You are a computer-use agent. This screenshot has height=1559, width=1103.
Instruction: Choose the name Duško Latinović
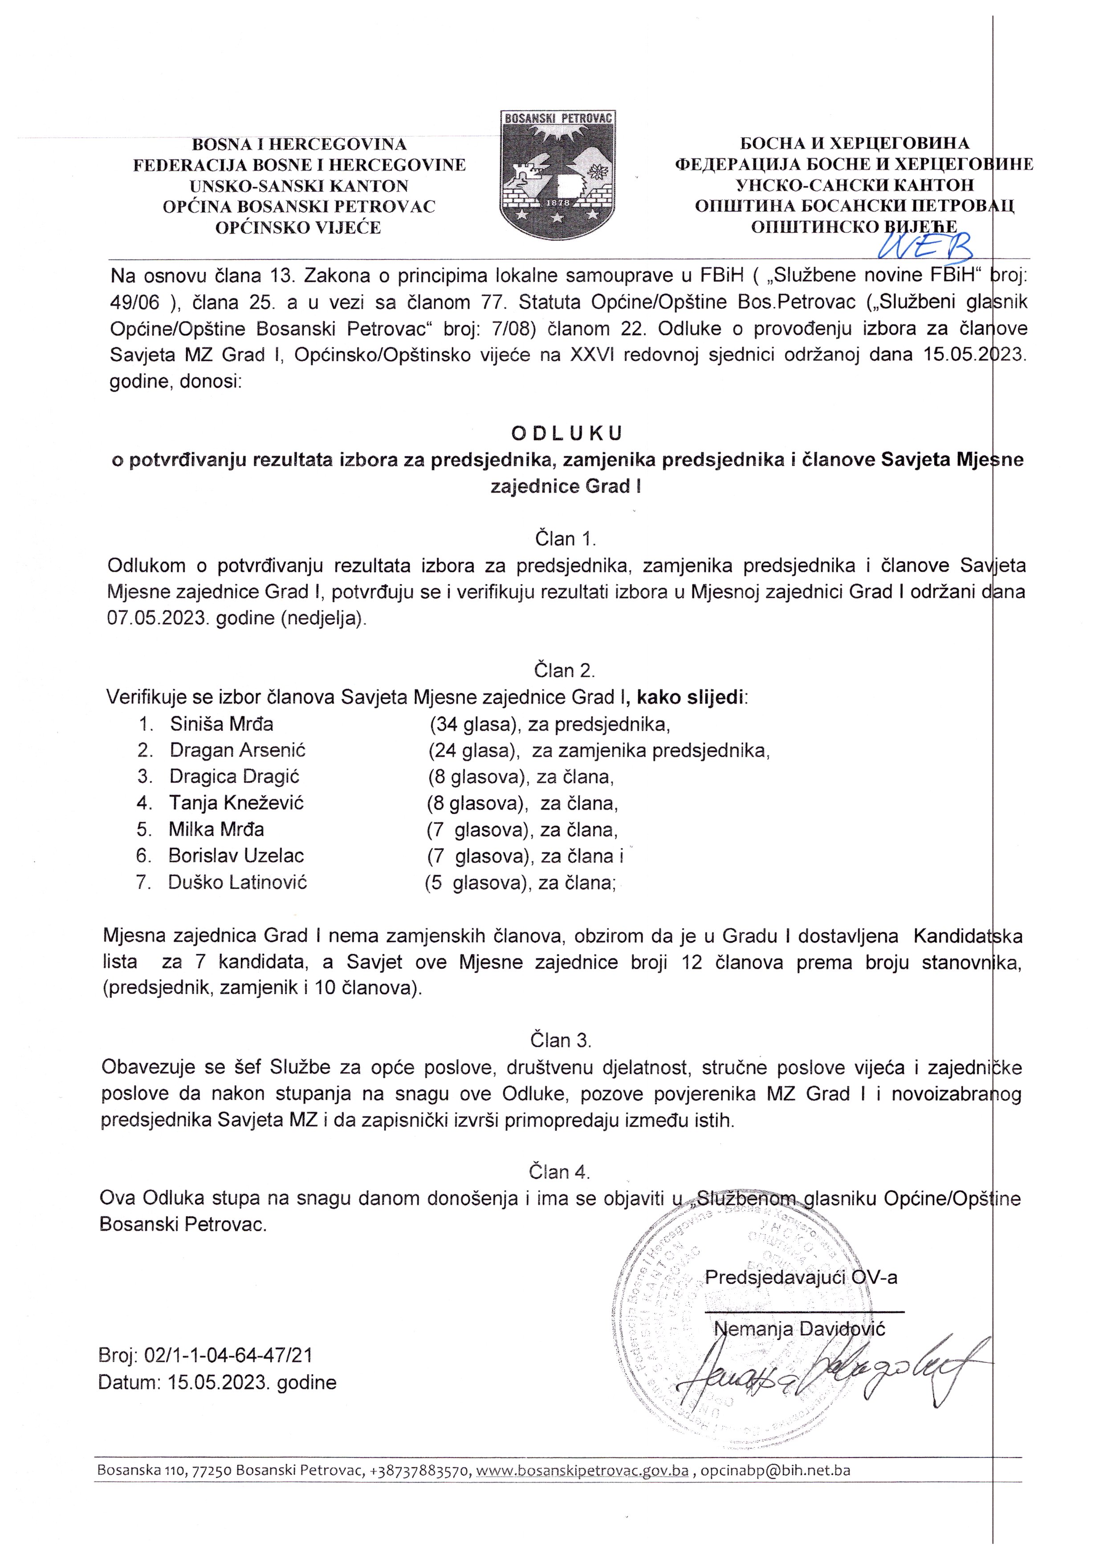[x=238, y=882]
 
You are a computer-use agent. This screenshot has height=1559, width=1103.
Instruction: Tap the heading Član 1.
[x=565, y=539]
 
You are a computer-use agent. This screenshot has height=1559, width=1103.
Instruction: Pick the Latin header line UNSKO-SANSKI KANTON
[x=299, y=186]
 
